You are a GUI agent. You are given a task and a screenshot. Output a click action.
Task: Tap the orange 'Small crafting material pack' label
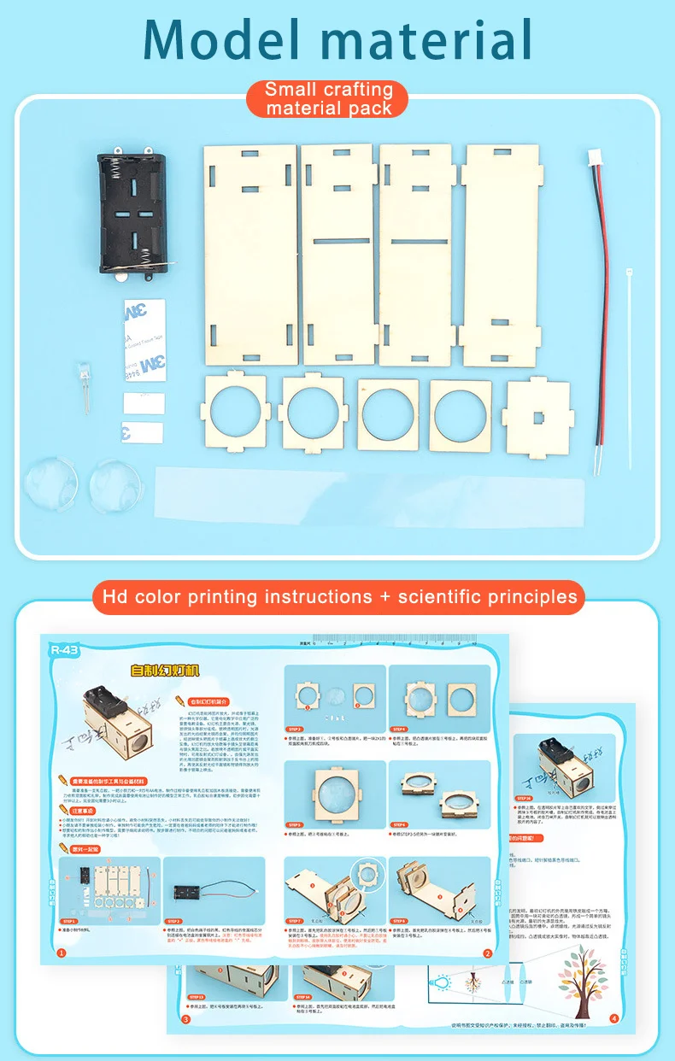click(329, 98)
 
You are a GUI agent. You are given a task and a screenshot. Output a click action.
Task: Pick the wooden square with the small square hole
click(538, 416)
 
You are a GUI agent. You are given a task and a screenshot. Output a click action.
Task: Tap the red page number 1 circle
click(61, 953)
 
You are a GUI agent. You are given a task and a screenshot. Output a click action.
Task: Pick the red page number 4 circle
click(613, 1018)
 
